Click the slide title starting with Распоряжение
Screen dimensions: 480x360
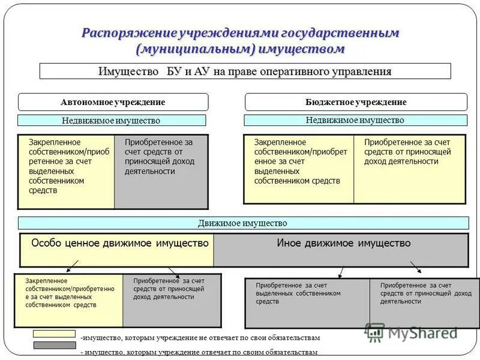[x=240, y=40]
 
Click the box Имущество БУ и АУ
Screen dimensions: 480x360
[x=245, y=71]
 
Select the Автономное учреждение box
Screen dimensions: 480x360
[x=113, y=102]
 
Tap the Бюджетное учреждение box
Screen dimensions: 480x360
[x=356, y=102]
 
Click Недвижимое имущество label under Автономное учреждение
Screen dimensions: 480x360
[x=111, y=121]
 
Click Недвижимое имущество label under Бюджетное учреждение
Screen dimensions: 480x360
[x=355, y=120]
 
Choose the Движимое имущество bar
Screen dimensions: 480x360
[x=242, y=223]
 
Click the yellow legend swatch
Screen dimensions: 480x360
[x=54, y=334]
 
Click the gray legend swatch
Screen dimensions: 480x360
[x=54, y=345]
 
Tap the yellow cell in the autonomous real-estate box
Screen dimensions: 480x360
[x=66, y=171]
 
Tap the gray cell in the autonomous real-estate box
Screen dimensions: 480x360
[x=161, y=171]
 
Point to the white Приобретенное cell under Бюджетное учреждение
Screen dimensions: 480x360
[x=409, y=169]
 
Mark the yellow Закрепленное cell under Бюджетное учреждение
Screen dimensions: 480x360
[x=299, y=169]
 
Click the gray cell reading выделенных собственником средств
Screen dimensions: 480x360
[x=307, y=302]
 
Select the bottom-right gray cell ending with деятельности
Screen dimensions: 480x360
[x=424, y=302]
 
